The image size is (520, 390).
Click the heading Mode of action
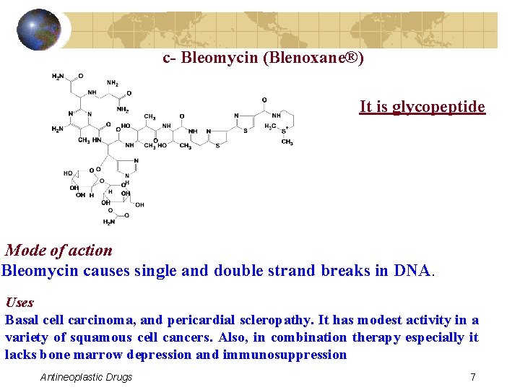click(x=59, y=251)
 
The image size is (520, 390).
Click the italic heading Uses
click(x=19, y=303)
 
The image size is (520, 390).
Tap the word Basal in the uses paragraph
click(x=22, y=320)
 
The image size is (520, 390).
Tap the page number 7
click(x=472, y=377)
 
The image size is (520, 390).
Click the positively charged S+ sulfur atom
click(x=284, y=129)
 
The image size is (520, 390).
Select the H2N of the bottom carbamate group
click(x=109, y=222)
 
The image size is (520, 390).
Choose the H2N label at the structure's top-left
click(x=57, y=77)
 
